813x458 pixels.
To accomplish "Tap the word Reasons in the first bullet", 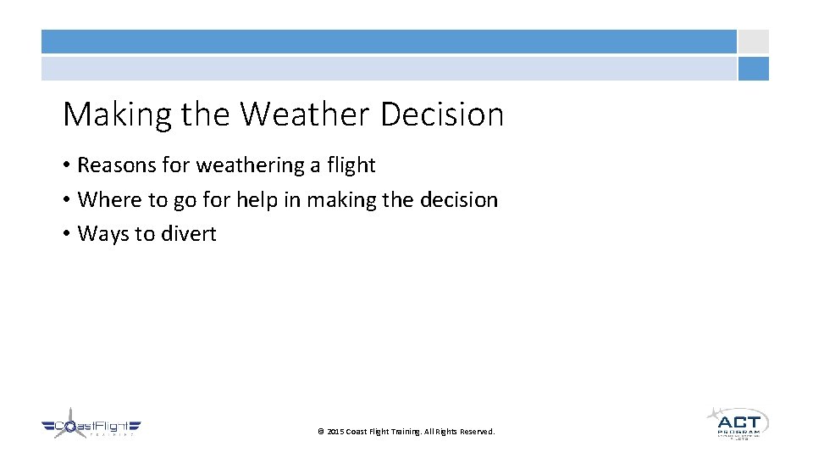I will pos(117,165).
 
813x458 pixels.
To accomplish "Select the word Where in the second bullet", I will pos(106,200).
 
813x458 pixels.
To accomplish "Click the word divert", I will pos(191,234).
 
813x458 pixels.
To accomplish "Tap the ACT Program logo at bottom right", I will pos(737,422).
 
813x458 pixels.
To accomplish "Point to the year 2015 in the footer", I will pos(335,432).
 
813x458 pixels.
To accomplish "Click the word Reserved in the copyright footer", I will pos(477,432).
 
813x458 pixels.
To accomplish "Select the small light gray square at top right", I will pos(753,42).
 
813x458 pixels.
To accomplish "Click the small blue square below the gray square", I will pos(753,69).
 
